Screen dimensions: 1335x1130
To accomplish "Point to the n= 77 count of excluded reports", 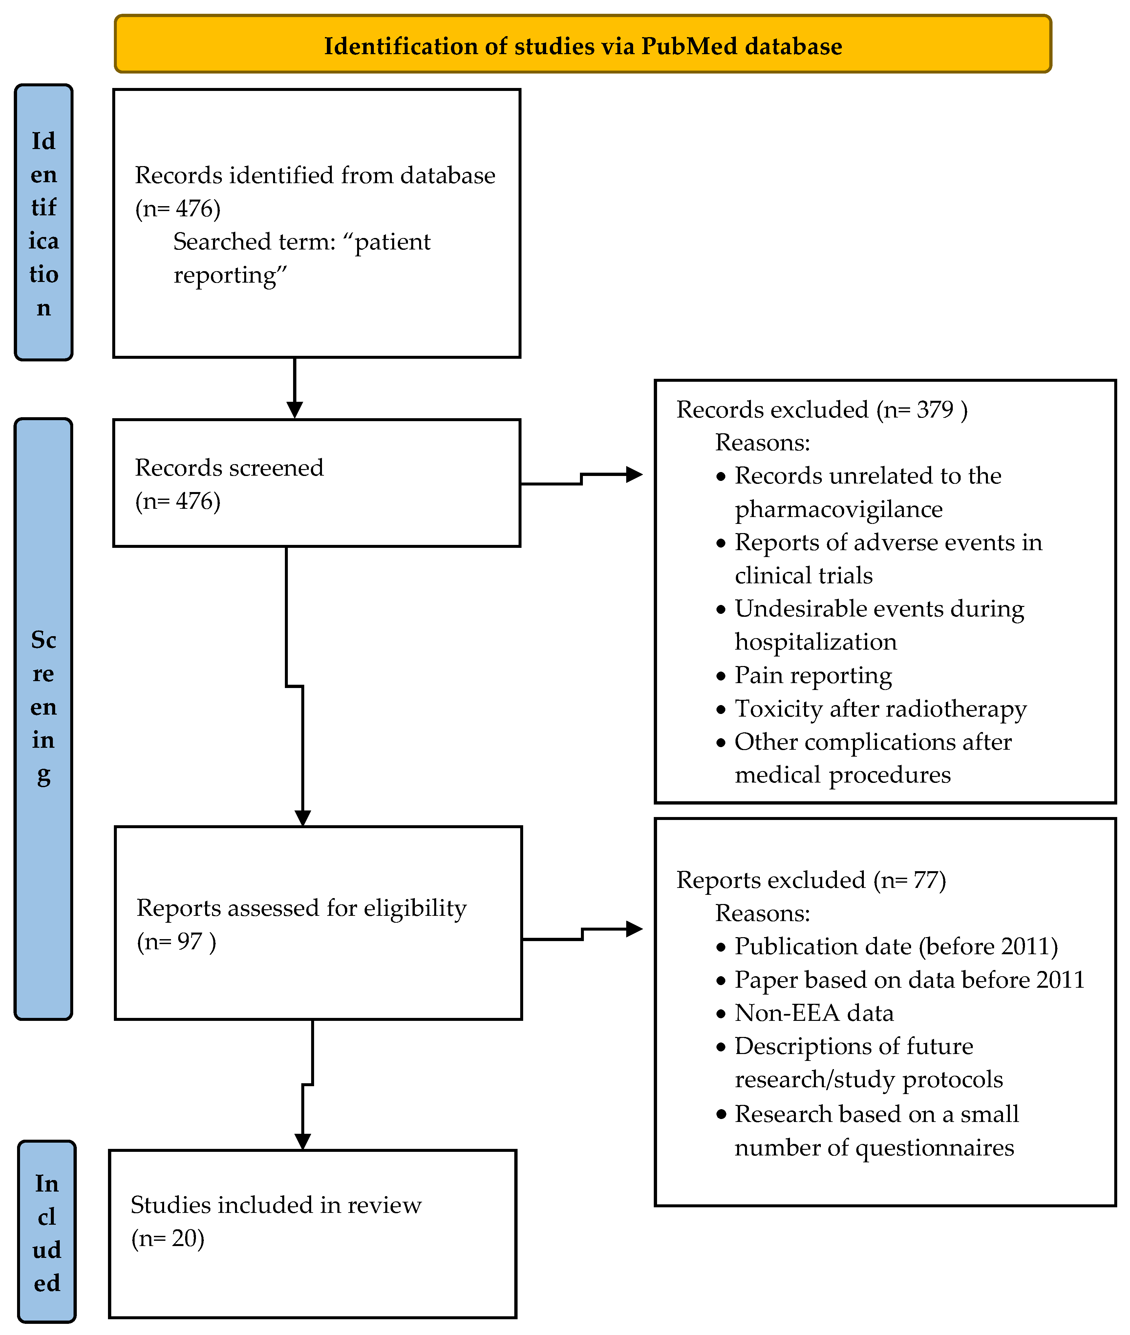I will pyautogui.click(x=910, y=880).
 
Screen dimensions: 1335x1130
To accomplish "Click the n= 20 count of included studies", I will pyautogui.click(x=168, y=1238).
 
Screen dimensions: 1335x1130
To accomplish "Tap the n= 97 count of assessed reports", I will pyautogui.click(x=176, y=942).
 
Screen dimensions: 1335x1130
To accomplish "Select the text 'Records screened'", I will pyautogui.click(x=229, y=468).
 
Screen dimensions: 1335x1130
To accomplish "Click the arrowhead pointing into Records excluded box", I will pyautogui.click(x=634, y=475).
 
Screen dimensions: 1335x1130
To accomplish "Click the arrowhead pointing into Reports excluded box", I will pyautogui.click(x=634, y=929).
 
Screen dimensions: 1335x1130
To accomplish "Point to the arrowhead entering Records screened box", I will pyautogui.click(x=295, y=410).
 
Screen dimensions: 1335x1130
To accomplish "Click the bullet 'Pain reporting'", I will pyautogui.click(x=812, y=675).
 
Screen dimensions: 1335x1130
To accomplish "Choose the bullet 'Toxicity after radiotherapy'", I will pyautogui.click(x=880, y=708).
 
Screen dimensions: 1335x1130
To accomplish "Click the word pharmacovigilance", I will pyautogui.click(x=838, y=509).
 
